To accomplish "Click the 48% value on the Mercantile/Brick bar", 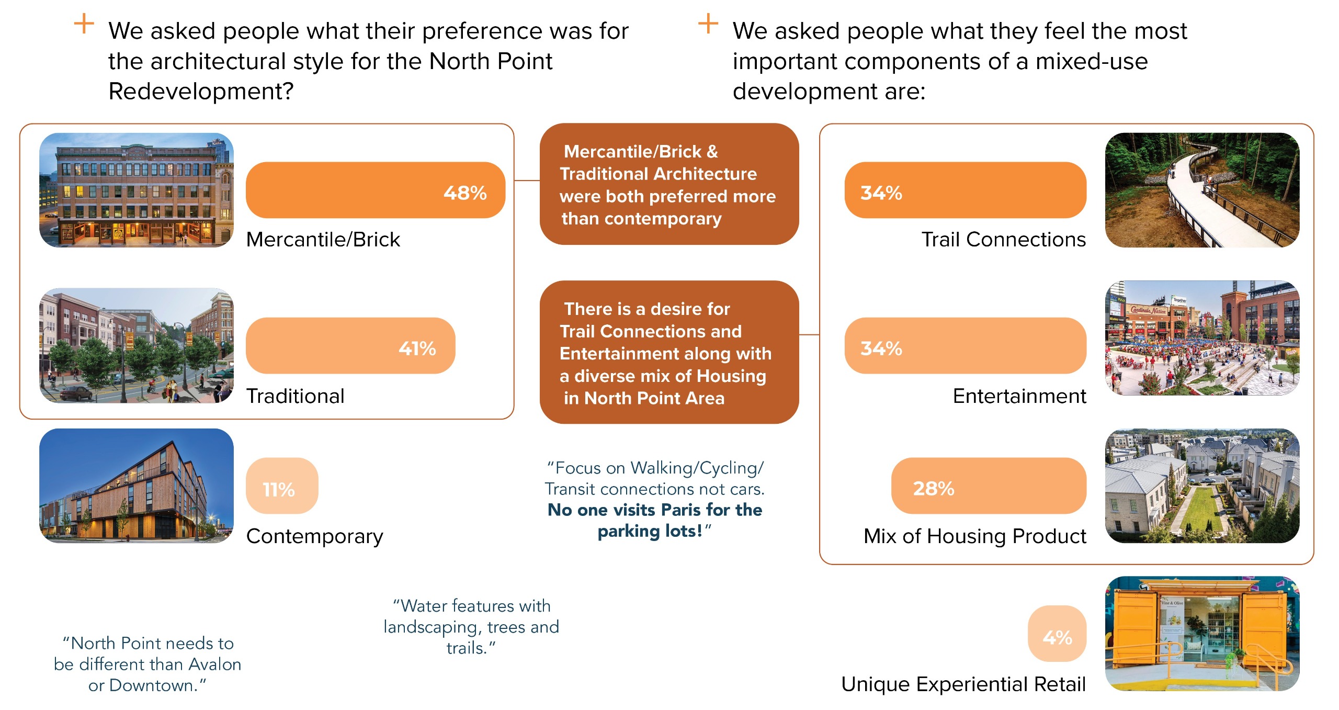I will [x=465, y=193].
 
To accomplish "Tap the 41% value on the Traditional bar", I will [x=417, y=348].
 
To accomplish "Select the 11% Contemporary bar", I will [x=281, y=486].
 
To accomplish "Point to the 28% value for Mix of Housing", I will [x=933, y=489].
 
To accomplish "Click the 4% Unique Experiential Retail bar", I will [x=1057, y=634].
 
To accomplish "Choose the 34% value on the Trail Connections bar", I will [x=881, y=193].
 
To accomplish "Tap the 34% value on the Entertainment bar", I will [x=881, y=348].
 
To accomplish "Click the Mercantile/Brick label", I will [x=323, y=240].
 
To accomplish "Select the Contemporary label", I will [x=314, y=536].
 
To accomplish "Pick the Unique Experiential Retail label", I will [x=963, y=684].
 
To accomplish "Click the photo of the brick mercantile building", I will [x=137, y=190].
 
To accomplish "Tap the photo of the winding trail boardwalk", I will [x=1202, y=190].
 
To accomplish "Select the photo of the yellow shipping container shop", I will [x=1202, y=634].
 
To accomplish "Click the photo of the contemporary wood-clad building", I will [x=137, y=486].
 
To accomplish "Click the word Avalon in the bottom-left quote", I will [x=214, y=664].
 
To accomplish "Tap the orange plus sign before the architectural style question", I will [x=84, y=24].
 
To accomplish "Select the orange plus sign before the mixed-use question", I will [x=708, y=24].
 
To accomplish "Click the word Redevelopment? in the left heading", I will [x=201, y=92].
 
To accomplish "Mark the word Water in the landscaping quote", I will [x=423, y=606].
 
